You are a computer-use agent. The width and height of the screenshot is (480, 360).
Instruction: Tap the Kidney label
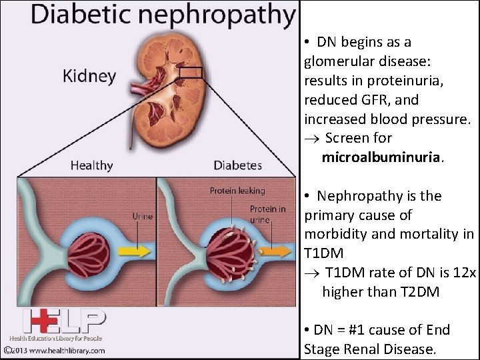(x=89, y=75)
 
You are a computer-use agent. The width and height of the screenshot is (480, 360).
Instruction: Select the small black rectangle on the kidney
(x=190, y=73)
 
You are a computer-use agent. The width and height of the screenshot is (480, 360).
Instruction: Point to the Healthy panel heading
(x=91, y=165)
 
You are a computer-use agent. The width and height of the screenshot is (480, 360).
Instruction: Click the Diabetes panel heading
(x=237, y=165)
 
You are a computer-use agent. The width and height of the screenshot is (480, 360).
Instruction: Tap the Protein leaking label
(x=237, y=191)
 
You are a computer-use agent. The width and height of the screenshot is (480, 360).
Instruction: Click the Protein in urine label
(x=267, y=214)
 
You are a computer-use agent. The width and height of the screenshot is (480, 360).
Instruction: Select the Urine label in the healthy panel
(x=142, y=215)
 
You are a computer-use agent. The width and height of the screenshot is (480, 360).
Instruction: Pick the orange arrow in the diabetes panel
(x=276, y=251)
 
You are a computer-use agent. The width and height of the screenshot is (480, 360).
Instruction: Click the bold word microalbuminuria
(x=381, y=157)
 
